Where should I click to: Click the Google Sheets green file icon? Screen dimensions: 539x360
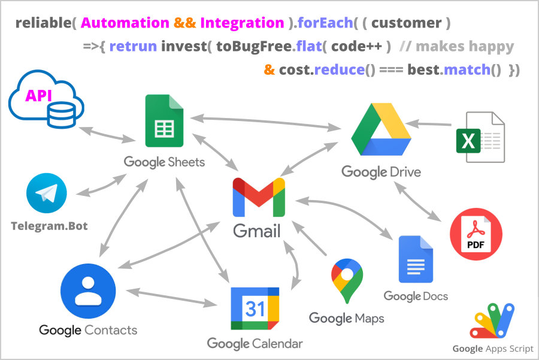[164, 120]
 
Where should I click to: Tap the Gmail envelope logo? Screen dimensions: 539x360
[259, 197]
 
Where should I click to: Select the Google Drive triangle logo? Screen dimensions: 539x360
[381, 129]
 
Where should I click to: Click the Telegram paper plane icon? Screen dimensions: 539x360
[46, 193]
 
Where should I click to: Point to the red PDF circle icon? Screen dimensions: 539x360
[476, 234]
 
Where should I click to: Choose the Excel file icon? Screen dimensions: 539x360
[480, 137]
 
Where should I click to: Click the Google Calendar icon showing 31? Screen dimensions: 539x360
[255, 308]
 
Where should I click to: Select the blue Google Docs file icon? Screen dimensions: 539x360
[416, 259]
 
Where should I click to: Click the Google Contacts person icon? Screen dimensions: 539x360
[88, 291]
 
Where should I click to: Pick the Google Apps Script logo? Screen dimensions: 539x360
[492, 320]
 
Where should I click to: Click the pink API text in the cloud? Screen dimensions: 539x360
[38, 96]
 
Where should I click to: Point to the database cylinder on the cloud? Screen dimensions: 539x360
[62, 116]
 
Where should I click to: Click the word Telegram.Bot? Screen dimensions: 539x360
[49, 226]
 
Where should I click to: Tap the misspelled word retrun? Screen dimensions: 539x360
[133, 46]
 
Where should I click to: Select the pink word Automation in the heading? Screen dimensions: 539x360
[125, 23]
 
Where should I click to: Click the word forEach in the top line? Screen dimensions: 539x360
[325, 23]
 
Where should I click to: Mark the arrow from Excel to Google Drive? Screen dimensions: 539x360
[428, 124]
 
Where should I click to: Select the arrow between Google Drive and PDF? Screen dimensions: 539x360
[417, 201]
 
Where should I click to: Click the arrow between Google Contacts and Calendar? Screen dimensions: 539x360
[171, 298]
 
